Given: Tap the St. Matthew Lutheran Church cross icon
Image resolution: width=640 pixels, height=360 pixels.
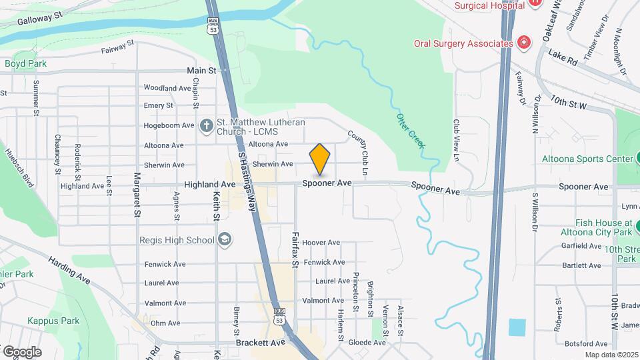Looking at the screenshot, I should [207, 125].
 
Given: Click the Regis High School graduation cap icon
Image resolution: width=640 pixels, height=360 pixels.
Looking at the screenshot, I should [225, 240].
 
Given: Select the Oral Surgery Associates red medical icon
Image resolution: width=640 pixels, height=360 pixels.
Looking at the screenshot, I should [525, 43].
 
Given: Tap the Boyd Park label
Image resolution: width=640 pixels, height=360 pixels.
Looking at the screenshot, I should [26, 64].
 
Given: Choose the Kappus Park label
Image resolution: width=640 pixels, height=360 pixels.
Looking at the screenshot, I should [53, 321].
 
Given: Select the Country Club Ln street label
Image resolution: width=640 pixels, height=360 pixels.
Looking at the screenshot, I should [358, 153].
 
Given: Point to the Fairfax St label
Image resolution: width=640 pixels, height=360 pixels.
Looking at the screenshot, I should [294, 249].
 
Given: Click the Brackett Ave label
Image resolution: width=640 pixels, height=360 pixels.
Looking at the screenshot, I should [260, 343].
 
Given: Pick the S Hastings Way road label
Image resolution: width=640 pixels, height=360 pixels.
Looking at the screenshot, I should [247, 181].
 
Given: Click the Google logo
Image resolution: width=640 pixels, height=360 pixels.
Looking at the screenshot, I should [22, 351].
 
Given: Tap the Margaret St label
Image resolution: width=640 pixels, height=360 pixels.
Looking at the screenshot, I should [137, 195].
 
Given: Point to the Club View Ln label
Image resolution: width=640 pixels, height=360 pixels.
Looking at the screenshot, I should [457, 140].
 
